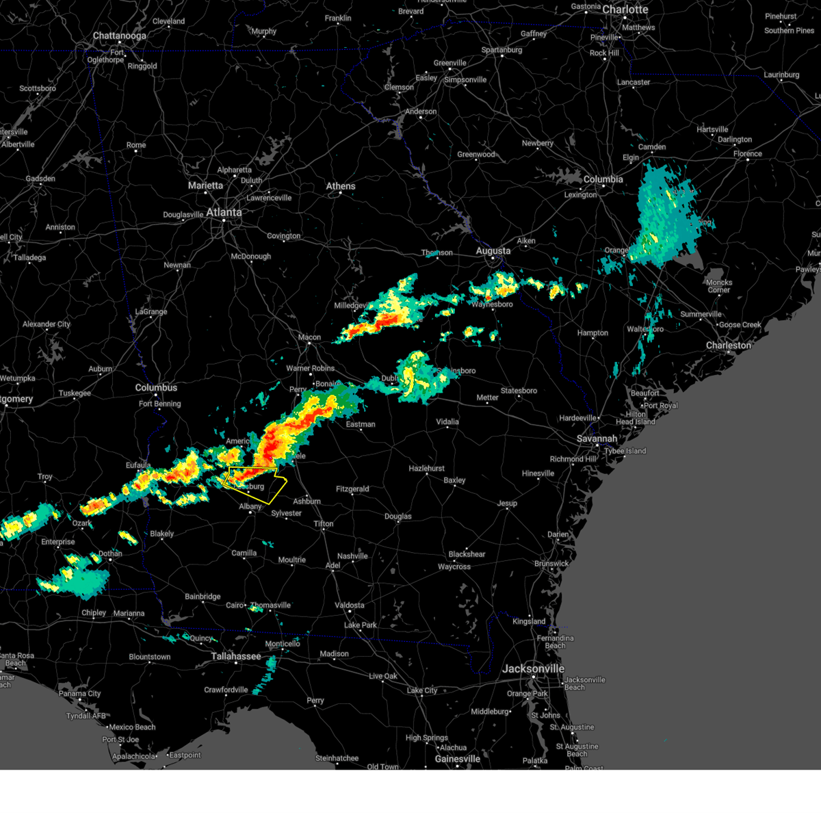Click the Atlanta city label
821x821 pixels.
click(x=224, y=213)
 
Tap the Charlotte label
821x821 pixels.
click(x=625, y=10)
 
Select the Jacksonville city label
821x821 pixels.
click(x=533, y=668)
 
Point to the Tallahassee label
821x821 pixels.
click(x=235, y=656)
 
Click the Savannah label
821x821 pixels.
click(x=597, y=439)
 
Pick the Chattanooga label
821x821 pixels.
click(x=120, y=36)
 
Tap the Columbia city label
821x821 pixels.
click(x=603, y=179)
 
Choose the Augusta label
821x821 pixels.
click(x=493, y=251)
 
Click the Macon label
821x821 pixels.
click(x=309, y=337)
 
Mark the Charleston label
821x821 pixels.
click(x=728, y=346)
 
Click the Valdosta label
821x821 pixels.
click(x=349, y=605)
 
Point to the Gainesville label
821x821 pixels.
click(x=457, y=759)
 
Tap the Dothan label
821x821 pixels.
click(x=110, y=553)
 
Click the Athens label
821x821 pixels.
click(x=340, y=186)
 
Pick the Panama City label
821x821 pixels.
click(x=79, y=694)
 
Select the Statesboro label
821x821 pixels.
click(x=519, y=391)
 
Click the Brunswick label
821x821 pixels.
click(x=551, y=564)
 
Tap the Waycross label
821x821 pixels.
click(x=454, y=566)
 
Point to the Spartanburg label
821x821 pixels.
click(x=501, y=50)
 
